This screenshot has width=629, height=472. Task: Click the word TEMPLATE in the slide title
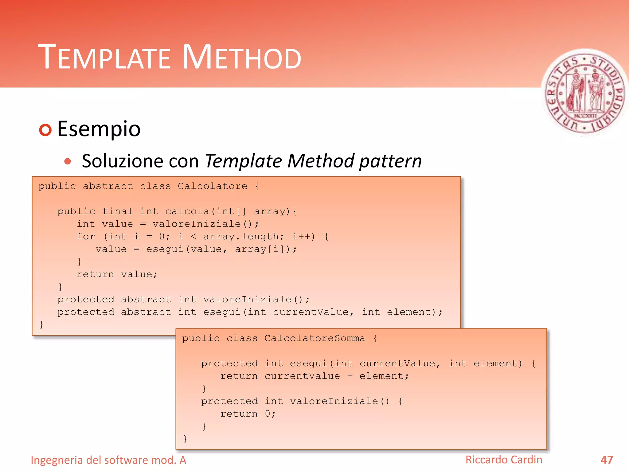click(104, 57)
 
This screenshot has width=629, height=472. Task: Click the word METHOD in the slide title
click(242, 57)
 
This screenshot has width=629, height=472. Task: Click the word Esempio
click(99, 129)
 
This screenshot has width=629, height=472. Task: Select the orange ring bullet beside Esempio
click(45, 130)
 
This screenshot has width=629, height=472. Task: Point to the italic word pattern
click(390, 162)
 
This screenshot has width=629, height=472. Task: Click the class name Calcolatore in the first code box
click(213, 186)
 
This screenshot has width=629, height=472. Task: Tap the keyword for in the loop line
click(86, 237)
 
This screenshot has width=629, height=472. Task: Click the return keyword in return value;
click(95, 274)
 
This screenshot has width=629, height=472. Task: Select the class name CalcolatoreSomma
click(315, 338)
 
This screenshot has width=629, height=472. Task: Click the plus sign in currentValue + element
click(350, 376)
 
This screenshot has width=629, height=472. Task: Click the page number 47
click(607, 460)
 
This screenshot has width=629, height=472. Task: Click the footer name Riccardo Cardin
click(504, 460)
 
